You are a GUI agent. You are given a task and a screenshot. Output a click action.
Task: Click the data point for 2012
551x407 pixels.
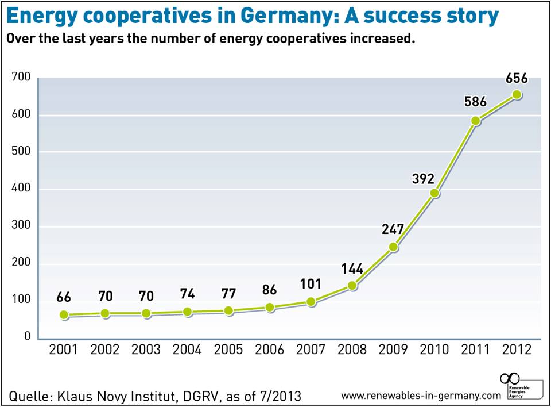click(x=517, y=95)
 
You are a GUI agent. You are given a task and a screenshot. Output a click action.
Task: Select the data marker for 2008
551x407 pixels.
click(x=352, y=285)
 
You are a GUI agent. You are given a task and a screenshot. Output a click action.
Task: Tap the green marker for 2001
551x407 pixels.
click(x=64, y=315)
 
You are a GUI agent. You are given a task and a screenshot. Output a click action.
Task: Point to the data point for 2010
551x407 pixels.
click(x=434, y=193)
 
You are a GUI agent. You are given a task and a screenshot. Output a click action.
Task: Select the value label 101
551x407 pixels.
click(x=311, y=284)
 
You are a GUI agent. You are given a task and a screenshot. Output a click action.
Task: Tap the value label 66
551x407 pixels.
click(x=64, y=298)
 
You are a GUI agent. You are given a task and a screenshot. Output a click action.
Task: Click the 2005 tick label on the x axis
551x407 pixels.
click(x=228, y=350)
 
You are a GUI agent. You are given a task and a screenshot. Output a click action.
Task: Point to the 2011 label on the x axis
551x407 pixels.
click(x=475, y=350)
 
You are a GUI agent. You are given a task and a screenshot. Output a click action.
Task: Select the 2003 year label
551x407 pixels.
click(x=146, y=350)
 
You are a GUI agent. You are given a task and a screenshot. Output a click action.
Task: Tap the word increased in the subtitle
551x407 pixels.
click(x=380, y=40)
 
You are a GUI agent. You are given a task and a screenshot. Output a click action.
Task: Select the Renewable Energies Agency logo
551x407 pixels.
click(x=519, y=386)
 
